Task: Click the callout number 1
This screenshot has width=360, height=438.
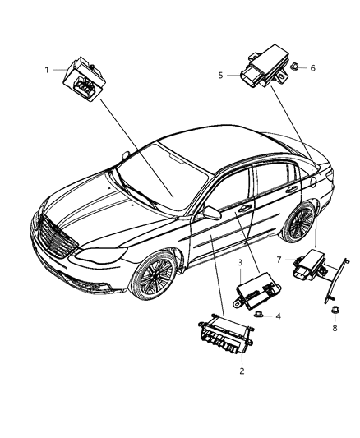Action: (48, 70)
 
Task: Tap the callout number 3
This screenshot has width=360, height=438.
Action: (239, 263)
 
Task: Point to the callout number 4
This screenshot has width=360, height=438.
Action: (279, 316)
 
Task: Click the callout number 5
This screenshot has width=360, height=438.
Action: (220, 75)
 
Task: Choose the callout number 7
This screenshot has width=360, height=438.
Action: (279, 260)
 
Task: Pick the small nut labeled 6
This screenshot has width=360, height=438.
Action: (293, 69)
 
